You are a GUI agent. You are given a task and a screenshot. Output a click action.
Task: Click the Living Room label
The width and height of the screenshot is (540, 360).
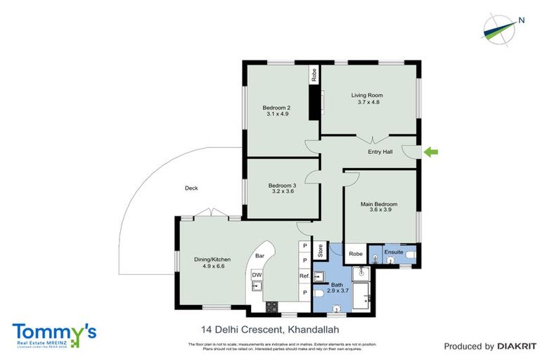point(366,94)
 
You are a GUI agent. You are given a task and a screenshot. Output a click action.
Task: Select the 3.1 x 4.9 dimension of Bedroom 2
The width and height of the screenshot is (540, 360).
point(276,114)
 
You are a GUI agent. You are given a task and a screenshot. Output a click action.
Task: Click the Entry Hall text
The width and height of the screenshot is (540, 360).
point(380,152)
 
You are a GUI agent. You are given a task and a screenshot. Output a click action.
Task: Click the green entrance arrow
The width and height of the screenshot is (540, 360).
point(432,151)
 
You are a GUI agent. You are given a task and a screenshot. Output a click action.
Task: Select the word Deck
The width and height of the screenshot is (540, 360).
point(191,188)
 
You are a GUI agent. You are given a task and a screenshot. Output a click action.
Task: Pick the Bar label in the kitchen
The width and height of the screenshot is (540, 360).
point(259,256)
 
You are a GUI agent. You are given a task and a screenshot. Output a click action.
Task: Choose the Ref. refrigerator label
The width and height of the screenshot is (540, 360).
point(304,276)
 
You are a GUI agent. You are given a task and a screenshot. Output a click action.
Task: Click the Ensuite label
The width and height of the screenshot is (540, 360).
point(394,251)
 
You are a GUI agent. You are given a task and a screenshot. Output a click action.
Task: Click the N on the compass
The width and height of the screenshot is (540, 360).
point(521,20)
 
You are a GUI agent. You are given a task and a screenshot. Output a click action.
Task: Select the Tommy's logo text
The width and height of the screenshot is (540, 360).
point(53,330)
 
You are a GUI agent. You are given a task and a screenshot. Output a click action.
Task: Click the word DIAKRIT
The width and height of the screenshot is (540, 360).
point(516,346)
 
